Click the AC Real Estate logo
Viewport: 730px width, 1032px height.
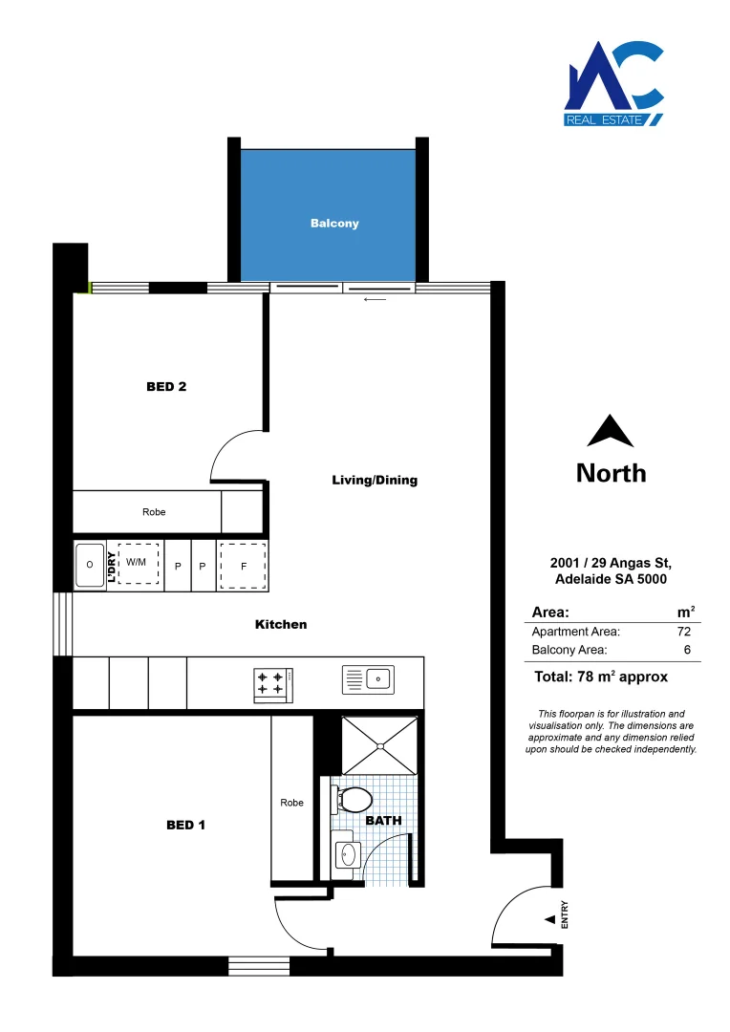(613, 84)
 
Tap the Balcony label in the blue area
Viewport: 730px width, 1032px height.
(334, 224)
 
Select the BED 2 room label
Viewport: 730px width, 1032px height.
(165, 387)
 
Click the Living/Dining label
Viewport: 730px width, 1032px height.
(375, 481)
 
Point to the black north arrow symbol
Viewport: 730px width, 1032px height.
(611, 432)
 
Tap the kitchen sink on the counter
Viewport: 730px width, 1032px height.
(368, 679)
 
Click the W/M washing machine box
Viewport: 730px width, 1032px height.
(137, 564)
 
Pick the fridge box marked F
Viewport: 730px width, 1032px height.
(244, 566)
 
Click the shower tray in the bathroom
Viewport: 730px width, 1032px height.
(379, 745)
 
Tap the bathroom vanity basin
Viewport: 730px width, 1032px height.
(346, 852)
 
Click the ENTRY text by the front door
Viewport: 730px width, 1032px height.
(565, 915)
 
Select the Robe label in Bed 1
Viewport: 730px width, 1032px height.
(292, 803)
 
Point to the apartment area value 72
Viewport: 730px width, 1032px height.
(683, 632)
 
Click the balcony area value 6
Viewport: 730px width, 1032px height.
(686, 651)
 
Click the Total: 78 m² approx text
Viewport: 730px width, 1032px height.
(600, 677)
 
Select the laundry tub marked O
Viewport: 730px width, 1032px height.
(90, 566)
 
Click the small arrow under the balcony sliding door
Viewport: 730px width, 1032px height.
(375, 299)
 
